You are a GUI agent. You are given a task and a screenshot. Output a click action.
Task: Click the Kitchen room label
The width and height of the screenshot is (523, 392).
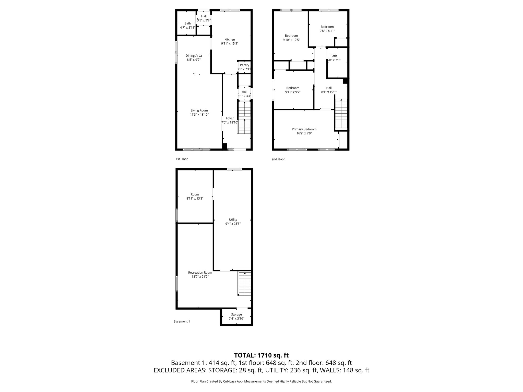point(230,40)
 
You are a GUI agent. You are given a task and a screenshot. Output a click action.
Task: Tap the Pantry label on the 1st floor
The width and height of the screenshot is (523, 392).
point(244,65)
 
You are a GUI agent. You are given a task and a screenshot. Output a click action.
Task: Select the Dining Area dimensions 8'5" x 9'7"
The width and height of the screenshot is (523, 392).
point(194,60)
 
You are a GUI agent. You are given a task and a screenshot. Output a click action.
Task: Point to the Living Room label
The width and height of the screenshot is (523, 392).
point(199,111)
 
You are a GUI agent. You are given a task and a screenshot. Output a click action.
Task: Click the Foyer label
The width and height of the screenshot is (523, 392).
point(230,118)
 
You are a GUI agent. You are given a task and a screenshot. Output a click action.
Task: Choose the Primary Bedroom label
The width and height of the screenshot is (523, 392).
point(304,129)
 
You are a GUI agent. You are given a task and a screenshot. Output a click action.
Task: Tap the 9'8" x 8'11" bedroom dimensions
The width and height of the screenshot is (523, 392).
point(327,31)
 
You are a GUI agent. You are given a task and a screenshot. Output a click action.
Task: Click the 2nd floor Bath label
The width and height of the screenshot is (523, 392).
point(334,56)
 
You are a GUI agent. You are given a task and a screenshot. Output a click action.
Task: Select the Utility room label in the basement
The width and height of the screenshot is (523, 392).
point(233,219)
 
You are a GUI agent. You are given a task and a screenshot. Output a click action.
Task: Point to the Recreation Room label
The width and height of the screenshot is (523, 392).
point(200,272)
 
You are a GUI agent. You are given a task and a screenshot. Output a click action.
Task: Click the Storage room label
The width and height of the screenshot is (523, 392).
point(236,314)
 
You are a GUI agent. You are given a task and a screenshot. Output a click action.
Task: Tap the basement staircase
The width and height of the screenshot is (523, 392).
point(244,284)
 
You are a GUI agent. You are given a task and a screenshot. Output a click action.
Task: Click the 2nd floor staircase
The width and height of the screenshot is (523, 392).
point(341,114)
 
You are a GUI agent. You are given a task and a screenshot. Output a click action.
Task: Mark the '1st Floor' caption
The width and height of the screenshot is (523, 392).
point(182,159)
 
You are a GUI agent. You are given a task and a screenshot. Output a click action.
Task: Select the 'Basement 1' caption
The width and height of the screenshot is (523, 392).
point(182,321)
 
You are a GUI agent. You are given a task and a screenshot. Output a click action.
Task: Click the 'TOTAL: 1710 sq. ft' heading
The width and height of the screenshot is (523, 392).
point(261,355)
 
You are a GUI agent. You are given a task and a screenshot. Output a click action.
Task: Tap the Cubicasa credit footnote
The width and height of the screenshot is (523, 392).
point(261,381)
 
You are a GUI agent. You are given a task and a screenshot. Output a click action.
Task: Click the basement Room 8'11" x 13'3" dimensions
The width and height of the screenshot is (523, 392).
point(195,198)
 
